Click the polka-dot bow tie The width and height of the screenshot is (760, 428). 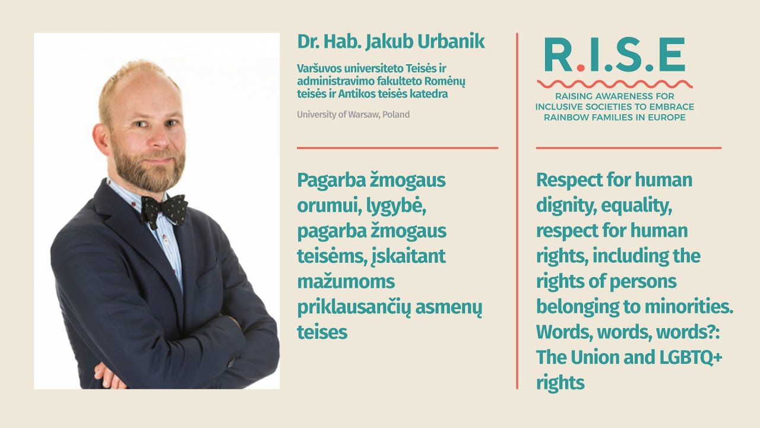pos(164,209)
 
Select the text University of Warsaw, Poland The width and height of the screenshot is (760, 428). pos(353,114)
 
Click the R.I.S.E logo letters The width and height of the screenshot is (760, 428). pos(615,55)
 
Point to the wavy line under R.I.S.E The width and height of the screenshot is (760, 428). pos(615,84)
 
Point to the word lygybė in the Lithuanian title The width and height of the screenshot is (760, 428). pos(394,205)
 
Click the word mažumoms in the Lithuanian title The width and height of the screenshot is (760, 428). pos(346,281)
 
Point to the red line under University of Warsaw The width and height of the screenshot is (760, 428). pos(397,147)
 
